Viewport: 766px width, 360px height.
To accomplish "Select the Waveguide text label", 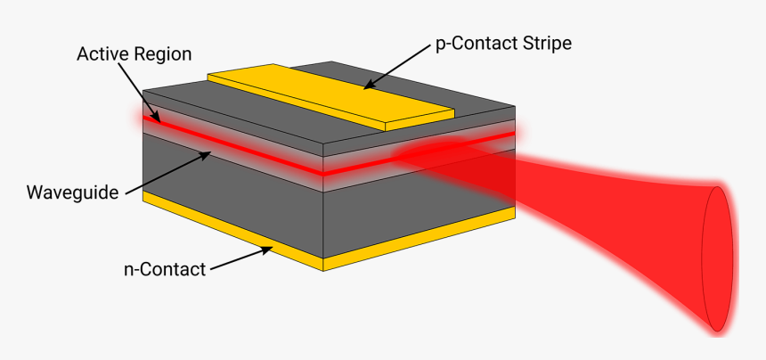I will (73, 192).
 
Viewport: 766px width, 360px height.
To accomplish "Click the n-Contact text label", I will (165, 268).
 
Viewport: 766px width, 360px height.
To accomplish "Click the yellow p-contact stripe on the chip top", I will (330, 94).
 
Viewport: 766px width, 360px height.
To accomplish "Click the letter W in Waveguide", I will (35, 192).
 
